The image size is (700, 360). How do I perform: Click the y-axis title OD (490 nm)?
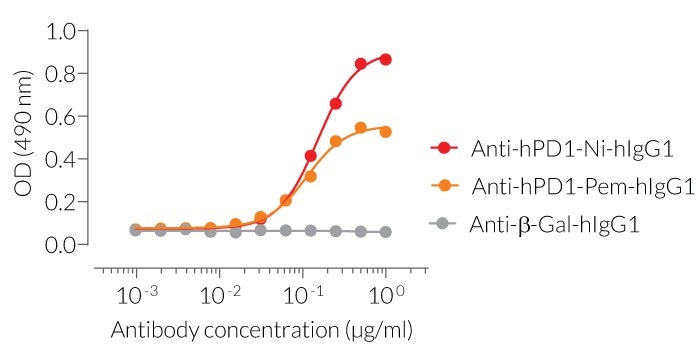(x=23, y=137)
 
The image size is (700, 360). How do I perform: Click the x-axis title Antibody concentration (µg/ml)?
(x=261, y=330)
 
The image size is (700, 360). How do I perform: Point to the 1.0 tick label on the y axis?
(x=63, y=31)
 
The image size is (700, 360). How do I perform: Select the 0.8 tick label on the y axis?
(x=63, y=74)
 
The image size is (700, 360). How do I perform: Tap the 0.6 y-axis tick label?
(x=63, y=117)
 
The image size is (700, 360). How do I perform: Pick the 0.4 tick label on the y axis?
(x=63, y=160)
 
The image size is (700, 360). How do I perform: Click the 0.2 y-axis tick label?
(x=63, y=202)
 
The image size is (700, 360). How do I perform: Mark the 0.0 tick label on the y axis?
(x=63, y=245)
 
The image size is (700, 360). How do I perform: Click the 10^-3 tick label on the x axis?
(x=136, y=295)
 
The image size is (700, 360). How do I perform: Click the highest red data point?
(x=386, y=59)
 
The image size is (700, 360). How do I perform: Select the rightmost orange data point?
(x=386, y=131)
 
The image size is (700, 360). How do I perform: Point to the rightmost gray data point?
(x=386, y=232)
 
